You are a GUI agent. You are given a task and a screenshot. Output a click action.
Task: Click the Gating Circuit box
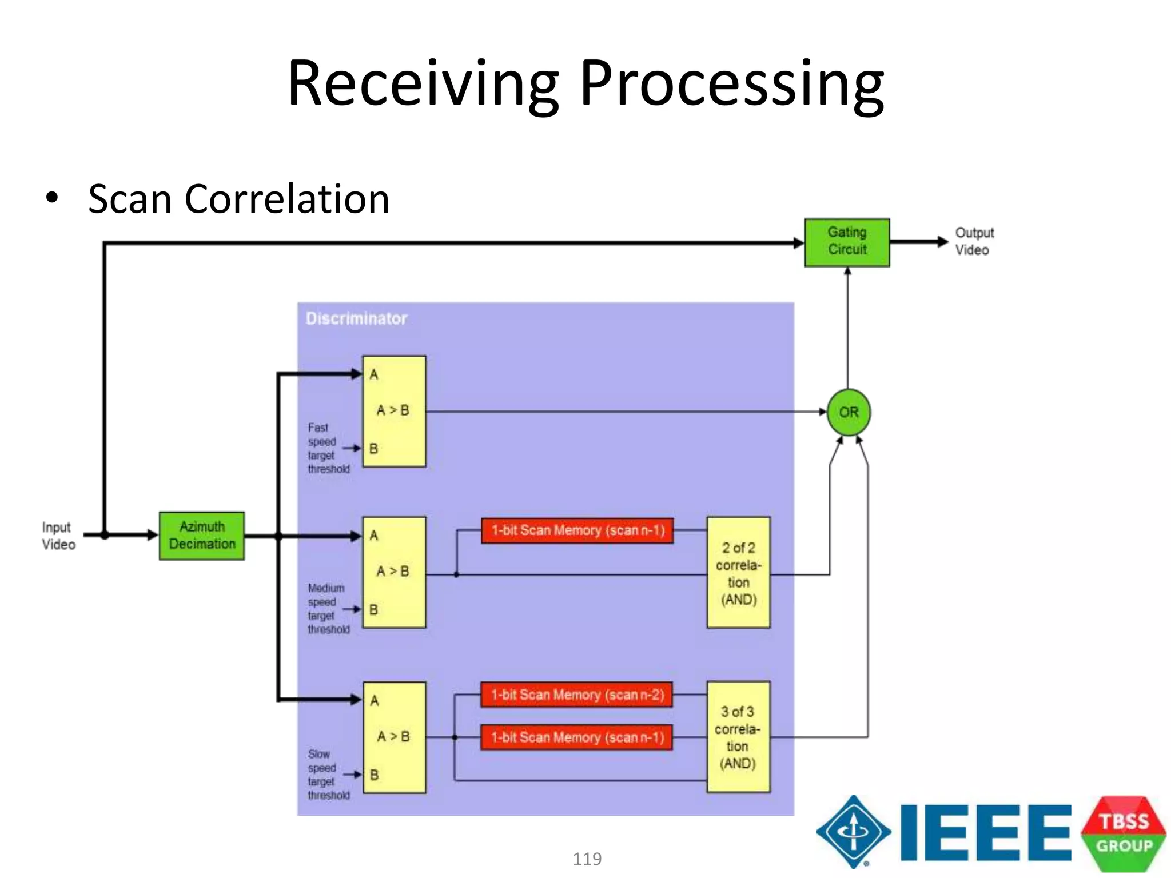[x=847, y=242]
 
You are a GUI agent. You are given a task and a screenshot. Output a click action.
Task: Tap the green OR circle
[x=849, y=412]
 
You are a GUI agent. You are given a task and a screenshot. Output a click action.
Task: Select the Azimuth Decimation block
[x=202, y=536]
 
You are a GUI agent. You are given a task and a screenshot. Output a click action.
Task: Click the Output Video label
[x=974, y=241]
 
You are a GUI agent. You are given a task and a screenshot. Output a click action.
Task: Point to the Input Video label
[x=58, y=536]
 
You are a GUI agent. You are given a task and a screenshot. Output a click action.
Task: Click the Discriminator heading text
[x=356, y=318]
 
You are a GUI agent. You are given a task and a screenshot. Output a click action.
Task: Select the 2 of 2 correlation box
[x=738, y=573]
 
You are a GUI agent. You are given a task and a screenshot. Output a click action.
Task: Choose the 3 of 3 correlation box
[x=738, y=737]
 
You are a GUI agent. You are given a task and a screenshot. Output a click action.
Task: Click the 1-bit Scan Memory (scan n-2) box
[x=576, y=695]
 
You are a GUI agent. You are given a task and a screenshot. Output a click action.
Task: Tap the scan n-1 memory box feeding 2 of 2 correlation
[x=577, y=530]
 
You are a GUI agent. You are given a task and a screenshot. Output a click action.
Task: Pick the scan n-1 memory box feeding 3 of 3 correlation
[x=576, y=737]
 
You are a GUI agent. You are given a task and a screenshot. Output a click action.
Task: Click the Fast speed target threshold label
[x=327, y=448]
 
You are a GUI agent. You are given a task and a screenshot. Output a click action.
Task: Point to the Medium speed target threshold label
[x=327, y=609]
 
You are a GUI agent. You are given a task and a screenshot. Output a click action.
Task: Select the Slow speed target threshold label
[x=327, y=775]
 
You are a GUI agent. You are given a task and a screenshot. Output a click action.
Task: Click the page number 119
[x=587, y=859]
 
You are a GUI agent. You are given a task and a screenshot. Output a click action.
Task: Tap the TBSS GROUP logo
[x=1124, y=833]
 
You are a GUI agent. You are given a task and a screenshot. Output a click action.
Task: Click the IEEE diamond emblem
[x=853, y=832]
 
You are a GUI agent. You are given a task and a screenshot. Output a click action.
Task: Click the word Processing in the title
[x=732, y=84]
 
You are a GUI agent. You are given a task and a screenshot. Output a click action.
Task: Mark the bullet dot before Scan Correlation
[x=53, y=198]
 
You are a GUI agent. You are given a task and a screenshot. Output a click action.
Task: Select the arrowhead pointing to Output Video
[x=942, y=242]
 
